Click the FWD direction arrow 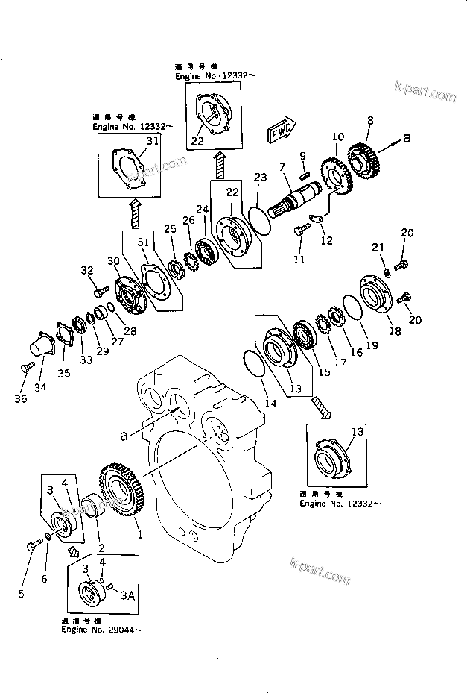tap(280, 131)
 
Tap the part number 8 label tap(370, 119)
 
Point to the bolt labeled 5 tap(34, 546)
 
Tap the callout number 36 tap(20, 399)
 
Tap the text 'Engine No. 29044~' tap(101, 631)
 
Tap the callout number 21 tap(377, 248)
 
